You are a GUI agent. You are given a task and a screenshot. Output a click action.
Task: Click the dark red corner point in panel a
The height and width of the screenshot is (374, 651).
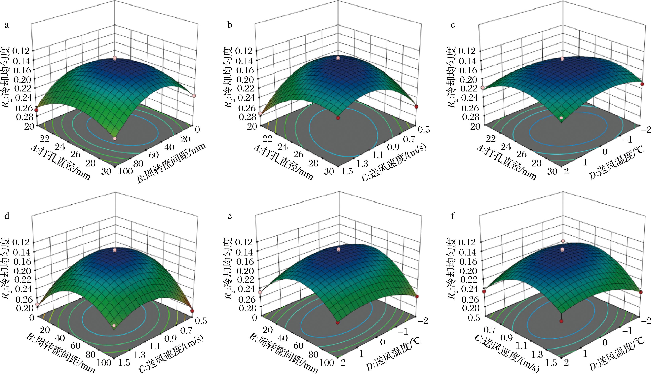[x=36, y=110]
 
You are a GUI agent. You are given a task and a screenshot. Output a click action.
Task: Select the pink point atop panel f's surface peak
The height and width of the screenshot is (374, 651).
[x=561, y=241]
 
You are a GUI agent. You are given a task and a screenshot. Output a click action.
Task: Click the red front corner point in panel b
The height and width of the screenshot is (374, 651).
[x=338, y=118]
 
